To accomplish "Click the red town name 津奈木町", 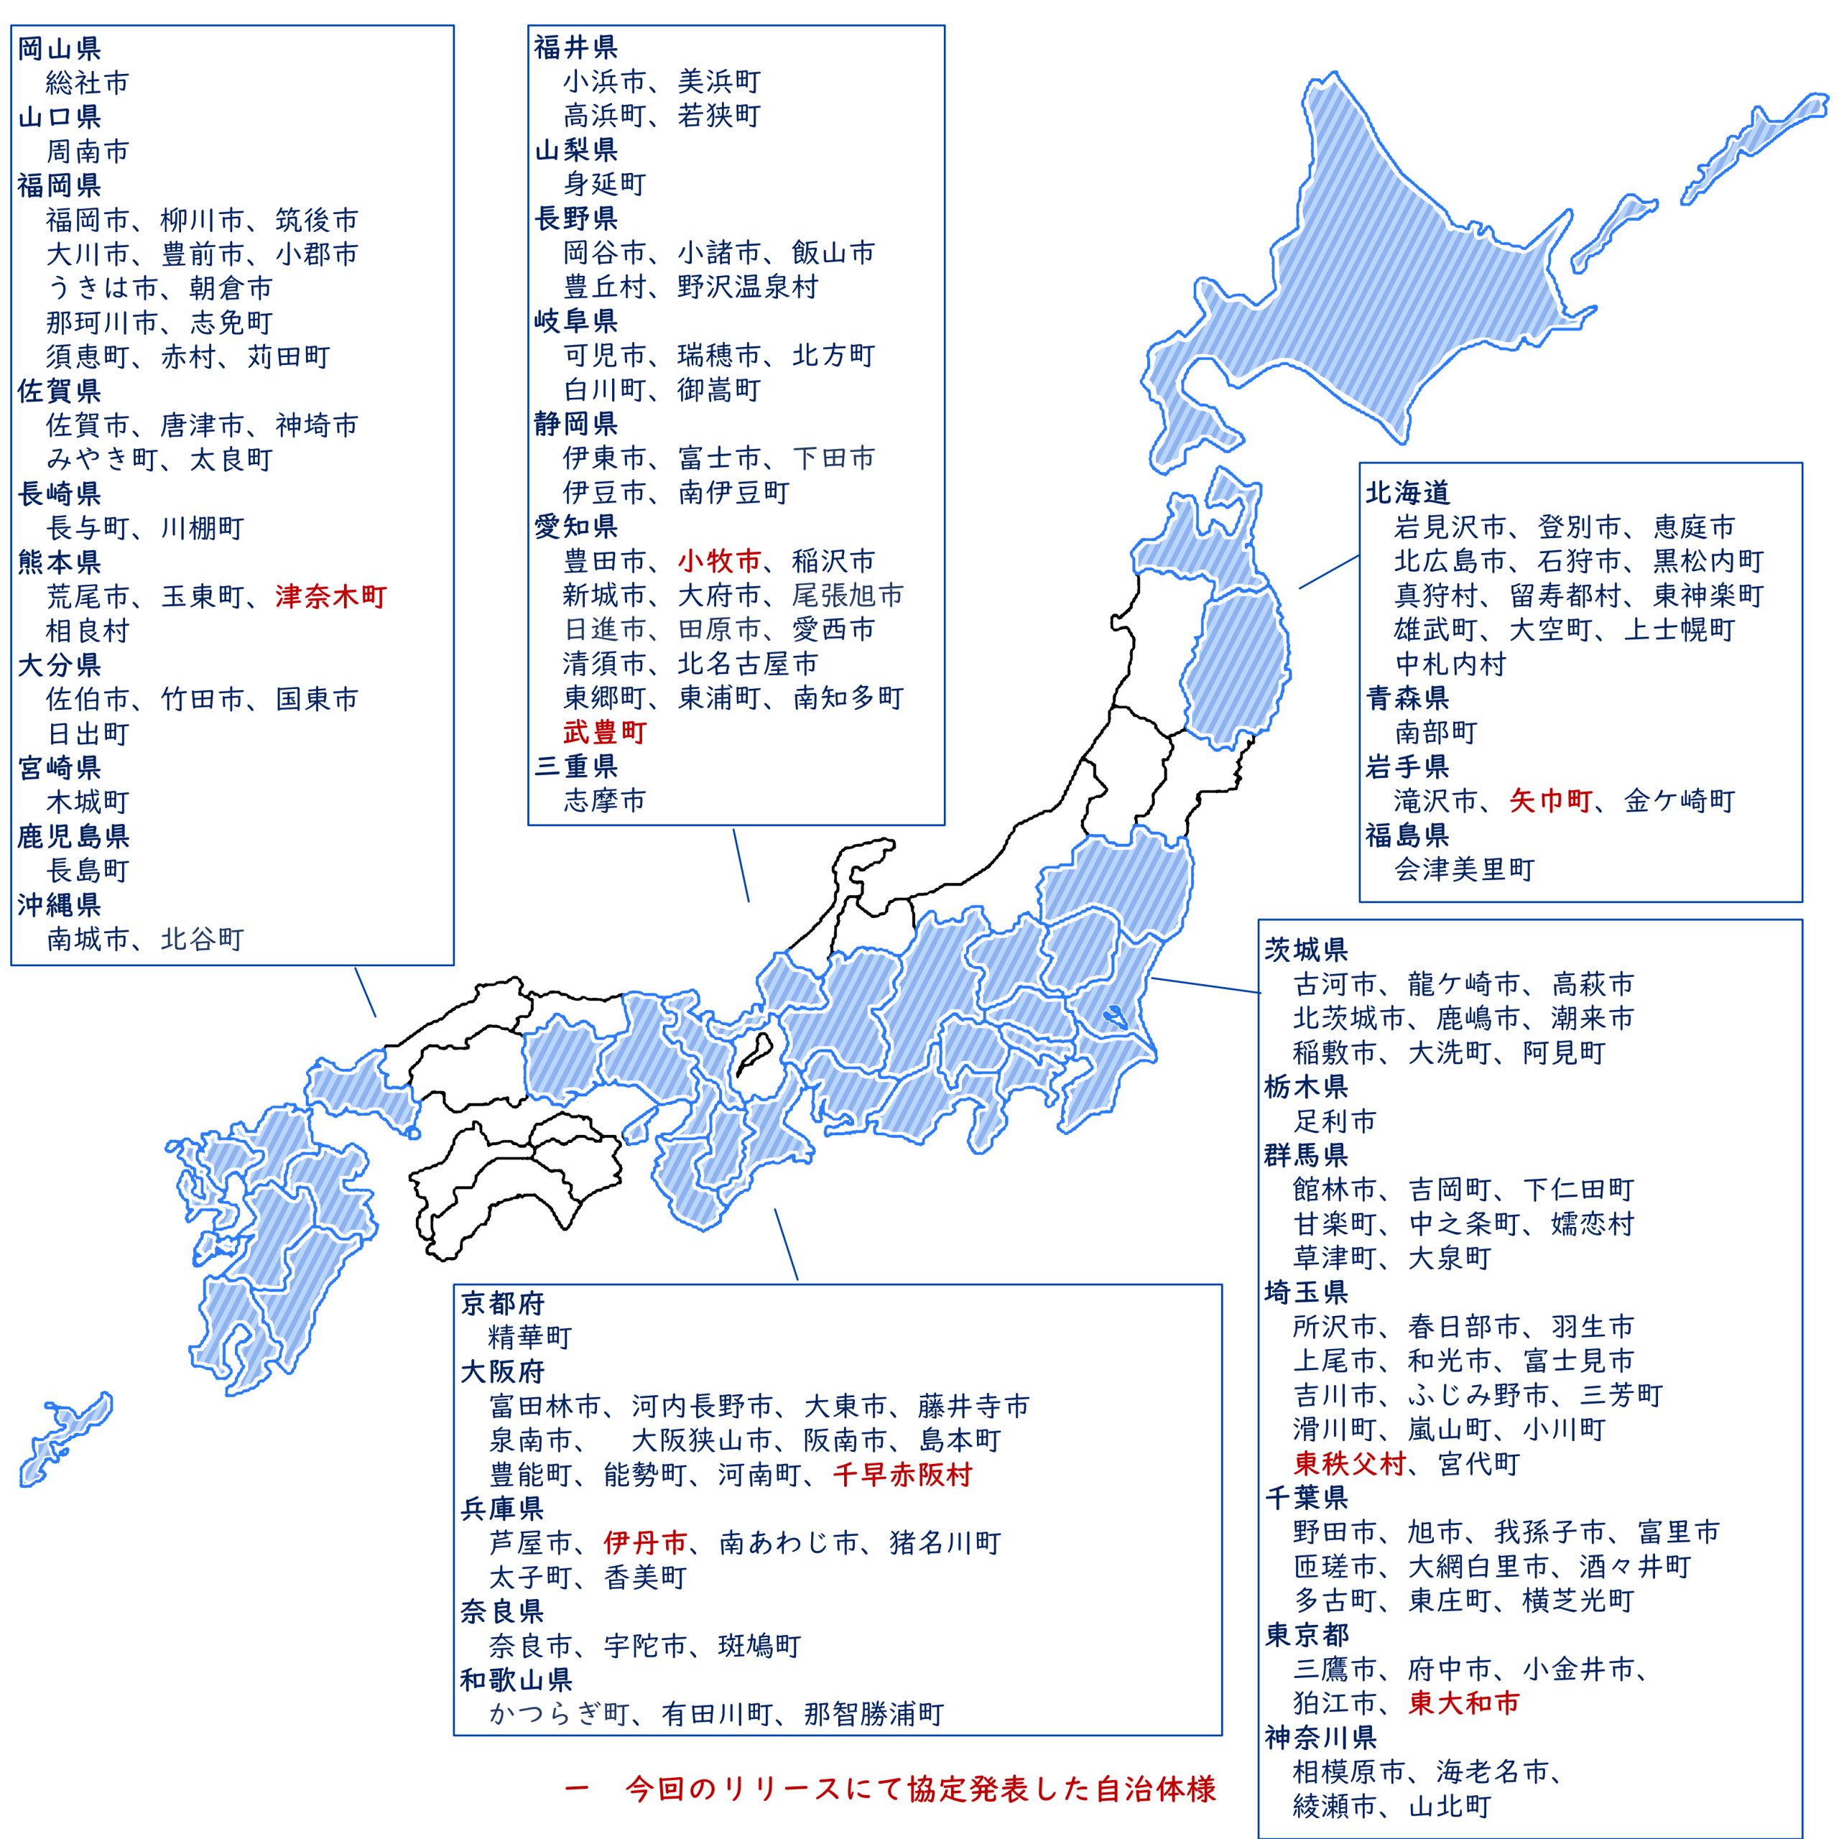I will click(x=330, y=597).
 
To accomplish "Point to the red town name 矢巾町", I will click(x=1551, y=800).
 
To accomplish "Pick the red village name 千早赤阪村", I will click(x=902, y=1475).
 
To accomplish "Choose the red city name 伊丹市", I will click(x=645, y=1543).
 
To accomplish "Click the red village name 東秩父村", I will click(x=1350, y=1463).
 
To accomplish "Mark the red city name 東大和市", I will click(x=1464, y=1703).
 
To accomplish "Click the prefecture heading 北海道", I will click(x=1408, y=492).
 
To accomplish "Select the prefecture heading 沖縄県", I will click(x=59, y=904).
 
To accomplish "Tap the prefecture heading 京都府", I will click(x=503, y=1303).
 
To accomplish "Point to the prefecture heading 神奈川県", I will click(x=1321, y=1737).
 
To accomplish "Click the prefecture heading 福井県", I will click(x=576, y=47).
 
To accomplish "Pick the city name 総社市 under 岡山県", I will click(x=88, y=83).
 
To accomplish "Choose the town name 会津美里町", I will click(x=1465, y=869).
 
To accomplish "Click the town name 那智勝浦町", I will click(x=874, y=1714).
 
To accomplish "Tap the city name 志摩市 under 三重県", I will click(x=604, y=800).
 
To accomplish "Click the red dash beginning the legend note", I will click(x=577, y=1789).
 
